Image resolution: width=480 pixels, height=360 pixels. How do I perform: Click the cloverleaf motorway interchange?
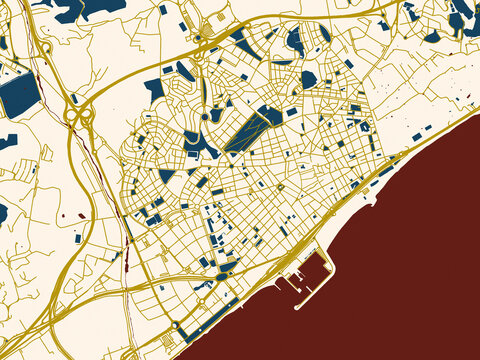pyautogui.click(x=79, y=117)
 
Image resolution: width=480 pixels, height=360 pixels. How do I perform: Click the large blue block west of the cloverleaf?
pyautogui.click(x=18, y=94)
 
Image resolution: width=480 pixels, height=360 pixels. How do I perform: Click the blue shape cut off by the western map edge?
pyautogui.click(x=3, y=213)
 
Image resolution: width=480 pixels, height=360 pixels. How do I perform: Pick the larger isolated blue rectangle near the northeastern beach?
pyautogui.click(x=417, y=136)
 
